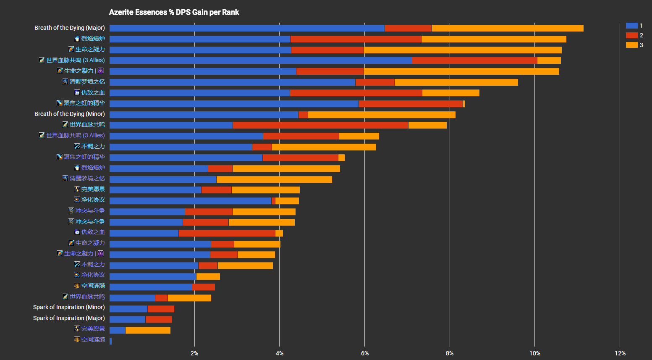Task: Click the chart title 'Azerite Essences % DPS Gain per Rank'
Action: click(x=174, y=12)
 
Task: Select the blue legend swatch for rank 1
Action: click(x=631, y=26)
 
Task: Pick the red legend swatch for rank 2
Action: click(x=631, y=35)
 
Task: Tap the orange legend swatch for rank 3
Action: click(x=631, y=45)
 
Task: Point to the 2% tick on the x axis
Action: click(x=194, y=353)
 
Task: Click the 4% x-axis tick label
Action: click(x=280, y=353)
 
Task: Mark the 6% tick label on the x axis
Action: click(x=365, y=353)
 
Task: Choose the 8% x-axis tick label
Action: click(x=450, y=353)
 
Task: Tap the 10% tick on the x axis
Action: click(x=534, y=353)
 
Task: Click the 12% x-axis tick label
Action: click(x=620, y=353)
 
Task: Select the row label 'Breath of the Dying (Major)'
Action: click(x=70, y=28)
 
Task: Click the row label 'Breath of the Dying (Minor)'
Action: click(x=70, y=114)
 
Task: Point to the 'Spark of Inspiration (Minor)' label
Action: click(x=69, y=307)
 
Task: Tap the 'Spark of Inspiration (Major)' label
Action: click(x=69, y=318)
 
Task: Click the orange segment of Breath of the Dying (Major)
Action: click(x=507, y=28)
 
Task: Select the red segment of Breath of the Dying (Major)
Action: click(x=408, y=28)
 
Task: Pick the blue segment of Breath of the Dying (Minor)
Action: click(x=204, y=115)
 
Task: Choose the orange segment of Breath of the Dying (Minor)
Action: click(x=381, y=115)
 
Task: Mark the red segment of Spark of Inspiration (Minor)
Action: click(x=161, y=309)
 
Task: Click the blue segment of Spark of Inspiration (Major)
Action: click(x=127, y=319)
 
